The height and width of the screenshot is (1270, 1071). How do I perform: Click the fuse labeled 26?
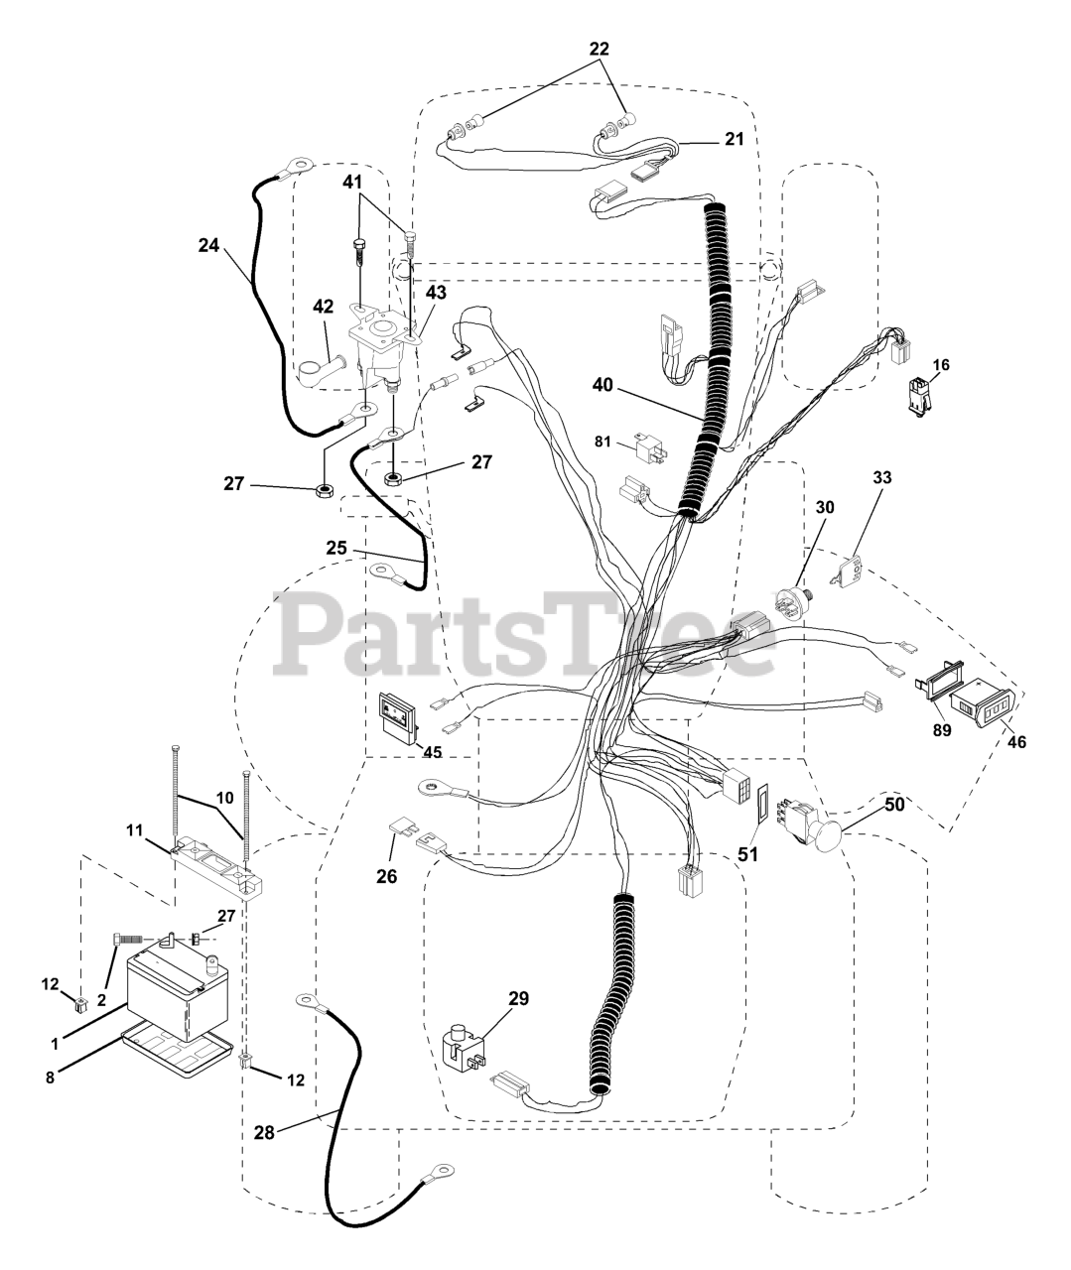406,825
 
